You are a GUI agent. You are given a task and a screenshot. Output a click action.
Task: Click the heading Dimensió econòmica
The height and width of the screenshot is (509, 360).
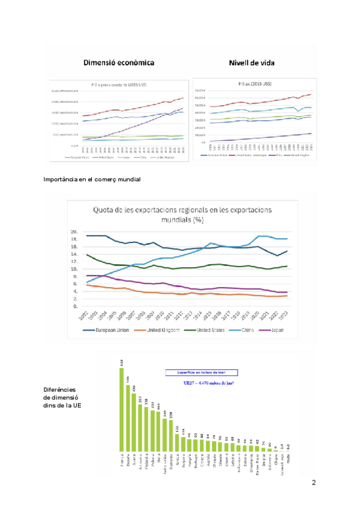[x=119, y=62]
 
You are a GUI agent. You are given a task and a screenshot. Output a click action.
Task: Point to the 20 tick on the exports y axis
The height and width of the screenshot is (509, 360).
[x=74, y=232]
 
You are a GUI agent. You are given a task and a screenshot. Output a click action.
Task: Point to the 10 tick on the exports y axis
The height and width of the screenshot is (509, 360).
[x=74, y=270]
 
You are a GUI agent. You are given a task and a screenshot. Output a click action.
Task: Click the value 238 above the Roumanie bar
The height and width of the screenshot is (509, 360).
[x=171, y=415]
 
